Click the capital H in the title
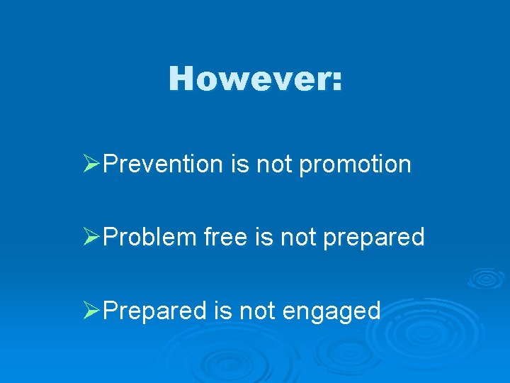pos(181,79)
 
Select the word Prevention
pos(163,164)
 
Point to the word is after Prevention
pos(239,164)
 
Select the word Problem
pos(149,237)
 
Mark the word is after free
pos(263,237)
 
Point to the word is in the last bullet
pos(220,310)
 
